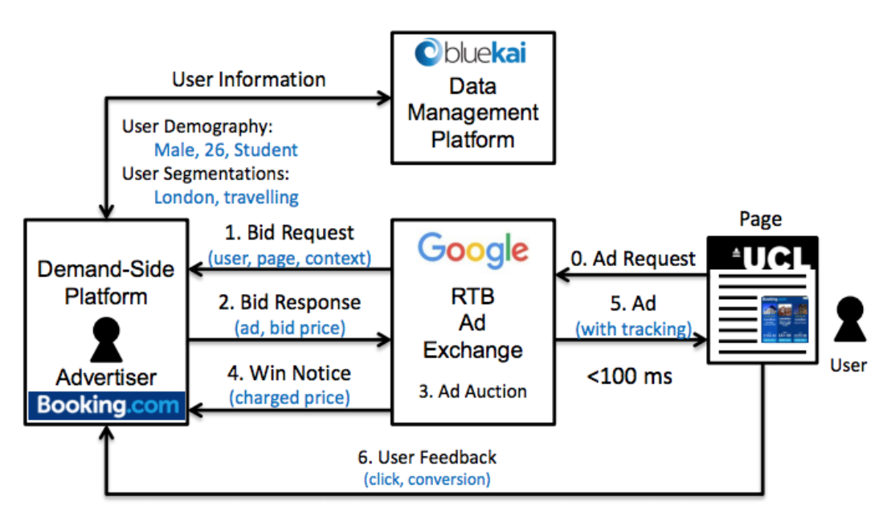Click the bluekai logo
pos(472,54)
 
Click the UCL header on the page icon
pos(774,258)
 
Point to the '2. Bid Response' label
pos(289,303)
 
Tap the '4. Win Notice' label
pos(289,373)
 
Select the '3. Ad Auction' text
pos(473,391)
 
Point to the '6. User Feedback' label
pos(427,457)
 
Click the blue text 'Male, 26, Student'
pos(226,150)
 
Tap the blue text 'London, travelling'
pos(226,197)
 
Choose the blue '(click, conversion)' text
pos(427,479)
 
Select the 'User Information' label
pos(249,80)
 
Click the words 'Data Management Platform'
pos(472,113)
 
